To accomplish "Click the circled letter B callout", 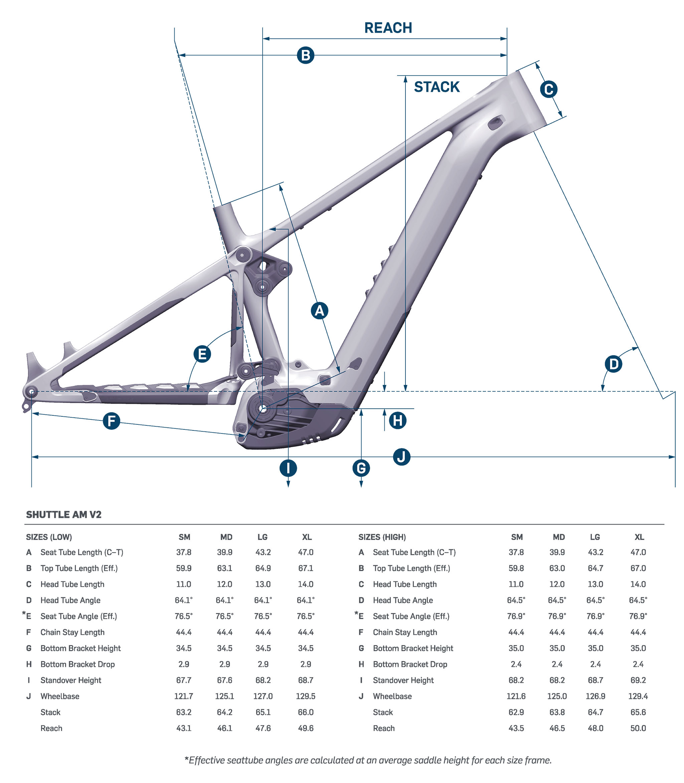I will click(x=305, y=55).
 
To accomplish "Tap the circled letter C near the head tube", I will click(x=548, y=89).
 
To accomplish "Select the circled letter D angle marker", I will click(x=614, y=364).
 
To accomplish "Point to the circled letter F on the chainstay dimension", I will click(x=112, y=421).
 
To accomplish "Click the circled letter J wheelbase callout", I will click(x=401, y=457).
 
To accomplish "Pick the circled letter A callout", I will click(x=320, y=311).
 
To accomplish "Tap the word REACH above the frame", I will click(x=388, y=28).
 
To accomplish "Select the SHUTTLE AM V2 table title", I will click(x=64, y=515).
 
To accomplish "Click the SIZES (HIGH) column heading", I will click(x=382, y=537).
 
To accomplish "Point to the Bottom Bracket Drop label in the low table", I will click(x=77, y=664).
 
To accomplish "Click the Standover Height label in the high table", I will click(x=403, y=680).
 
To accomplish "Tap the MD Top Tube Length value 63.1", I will click(x=224, y=568).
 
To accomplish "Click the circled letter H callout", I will click(x=398, y=420).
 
